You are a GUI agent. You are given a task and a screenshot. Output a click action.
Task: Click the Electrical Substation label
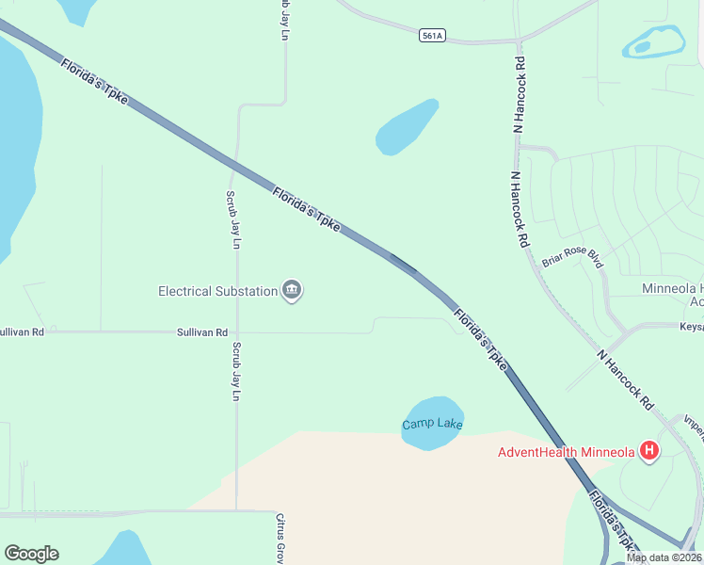point(217,291)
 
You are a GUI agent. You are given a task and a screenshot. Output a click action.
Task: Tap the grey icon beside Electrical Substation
point(292,291)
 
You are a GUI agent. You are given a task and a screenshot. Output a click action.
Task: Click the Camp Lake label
point(433,425)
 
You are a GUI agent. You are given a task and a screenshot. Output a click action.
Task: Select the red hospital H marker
point(648,452)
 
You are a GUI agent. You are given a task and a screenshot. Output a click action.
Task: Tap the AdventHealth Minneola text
point(567,452)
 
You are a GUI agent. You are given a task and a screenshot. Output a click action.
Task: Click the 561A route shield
point(432,36)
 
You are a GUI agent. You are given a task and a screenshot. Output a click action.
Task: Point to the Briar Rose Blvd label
point(571,257)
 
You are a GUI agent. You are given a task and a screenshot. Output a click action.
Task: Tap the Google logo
point(31,554)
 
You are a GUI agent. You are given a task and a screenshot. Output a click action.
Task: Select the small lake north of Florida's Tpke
point(408,127)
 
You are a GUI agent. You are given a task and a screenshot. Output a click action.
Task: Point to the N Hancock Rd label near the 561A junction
point(518,93)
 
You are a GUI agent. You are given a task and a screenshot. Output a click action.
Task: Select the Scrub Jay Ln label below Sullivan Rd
point(236,371)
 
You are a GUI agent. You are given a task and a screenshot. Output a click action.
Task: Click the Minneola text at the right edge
point(672,288)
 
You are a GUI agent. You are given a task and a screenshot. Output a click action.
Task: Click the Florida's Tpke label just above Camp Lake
point(480,339)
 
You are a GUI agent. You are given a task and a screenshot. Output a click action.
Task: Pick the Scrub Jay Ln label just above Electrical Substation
point(232,219)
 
